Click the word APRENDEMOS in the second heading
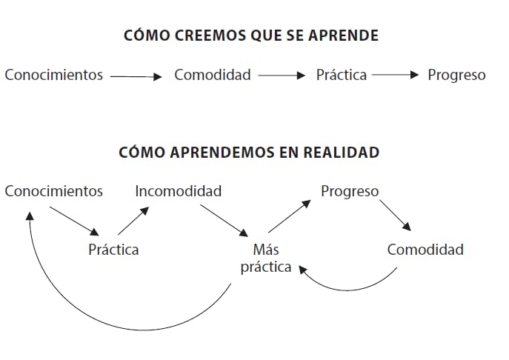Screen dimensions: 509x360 (x=222, y=153)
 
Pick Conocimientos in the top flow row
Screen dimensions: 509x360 (x=54, y=75)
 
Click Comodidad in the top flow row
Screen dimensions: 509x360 (x=213, y=75)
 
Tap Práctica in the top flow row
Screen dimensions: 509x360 (x=342, y=75)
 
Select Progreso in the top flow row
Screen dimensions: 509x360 (x=456, y=76)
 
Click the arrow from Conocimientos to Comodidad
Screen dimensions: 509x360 (x=136, y=76)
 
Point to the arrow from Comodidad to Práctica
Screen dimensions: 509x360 (x=282, y=76)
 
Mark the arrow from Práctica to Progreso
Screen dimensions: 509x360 (x=396, y=75)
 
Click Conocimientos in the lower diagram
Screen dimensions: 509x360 (x=54, y=191)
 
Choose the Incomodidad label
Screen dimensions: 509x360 (x=179, y=191)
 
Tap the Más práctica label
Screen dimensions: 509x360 (x=266, y=259)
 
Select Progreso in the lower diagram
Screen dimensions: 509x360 (x=350, y=192)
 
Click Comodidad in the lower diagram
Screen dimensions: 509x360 (x=425, y=250)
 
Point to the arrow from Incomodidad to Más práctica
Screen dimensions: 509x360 (x=224, y=221)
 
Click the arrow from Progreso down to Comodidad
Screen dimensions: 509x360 (x=396, y=216)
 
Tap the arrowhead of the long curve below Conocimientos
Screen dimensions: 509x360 (x=30, y=216)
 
